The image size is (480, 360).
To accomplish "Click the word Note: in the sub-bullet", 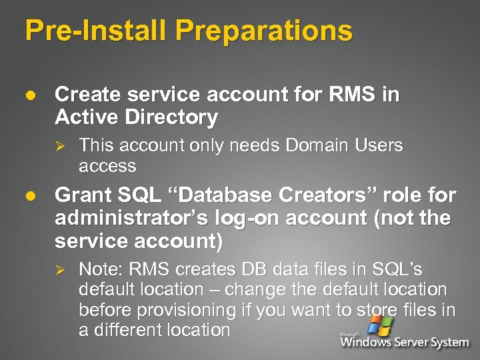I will pyautogui.click(x=101, y=269).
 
